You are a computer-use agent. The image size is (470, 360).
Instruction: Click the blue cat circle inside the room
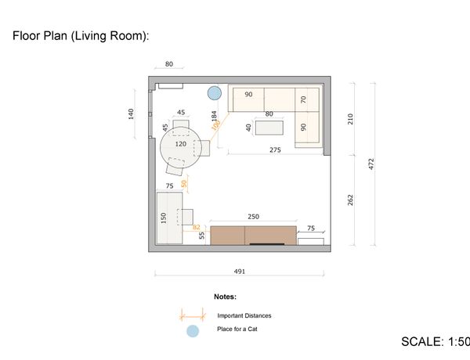coord(215,93)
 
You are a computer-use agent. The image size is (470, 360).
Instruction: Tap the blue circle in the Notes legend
coord(193,331)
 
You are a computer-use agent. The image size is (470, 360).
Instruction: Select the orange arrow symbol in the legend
coord(193,315)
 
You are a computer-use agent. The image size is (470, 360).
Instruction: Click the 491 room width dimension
coord(240,272)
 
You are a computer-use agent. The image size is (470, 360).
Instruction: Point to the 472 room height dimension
coord(371,164)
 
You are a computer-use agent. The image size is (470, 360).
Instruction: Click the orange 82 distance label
coord(197,227)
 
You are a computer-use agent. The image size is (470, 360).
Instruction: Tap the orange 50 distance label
coord(184,183)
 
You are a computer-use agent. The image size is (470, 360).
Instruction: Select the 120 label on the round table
coord(181,144)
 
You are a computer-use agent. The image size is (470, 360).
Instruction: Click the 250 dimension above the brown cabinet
coord(253,217)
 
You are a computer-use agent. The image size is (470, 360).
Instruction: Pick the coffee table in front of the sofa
coord(269,128)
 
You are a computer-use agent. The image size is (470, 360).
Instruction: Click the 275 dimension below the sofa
coord(275,149)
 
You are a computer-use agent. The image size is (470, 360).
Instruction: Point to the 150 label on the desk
coord(164,218)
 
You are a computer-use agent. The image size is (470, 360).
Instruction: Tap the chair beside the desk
coord(185,217)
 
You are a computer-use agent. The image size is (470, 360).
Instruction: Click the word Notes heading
coord(225,297)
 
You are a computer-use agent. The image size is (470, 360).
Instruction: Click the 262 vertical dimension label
coord(350,200)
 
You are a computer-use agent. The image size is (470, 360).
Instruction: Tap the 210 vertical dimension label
coord(350,119)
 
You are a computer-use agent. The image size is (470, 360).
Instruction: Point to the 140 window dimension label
coord(131,114)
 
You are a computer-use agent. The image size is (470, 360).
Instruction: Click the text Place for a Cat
coord(237,329)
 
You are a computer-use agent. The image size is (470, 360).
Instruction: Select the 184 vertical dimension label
coord(214,116)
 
